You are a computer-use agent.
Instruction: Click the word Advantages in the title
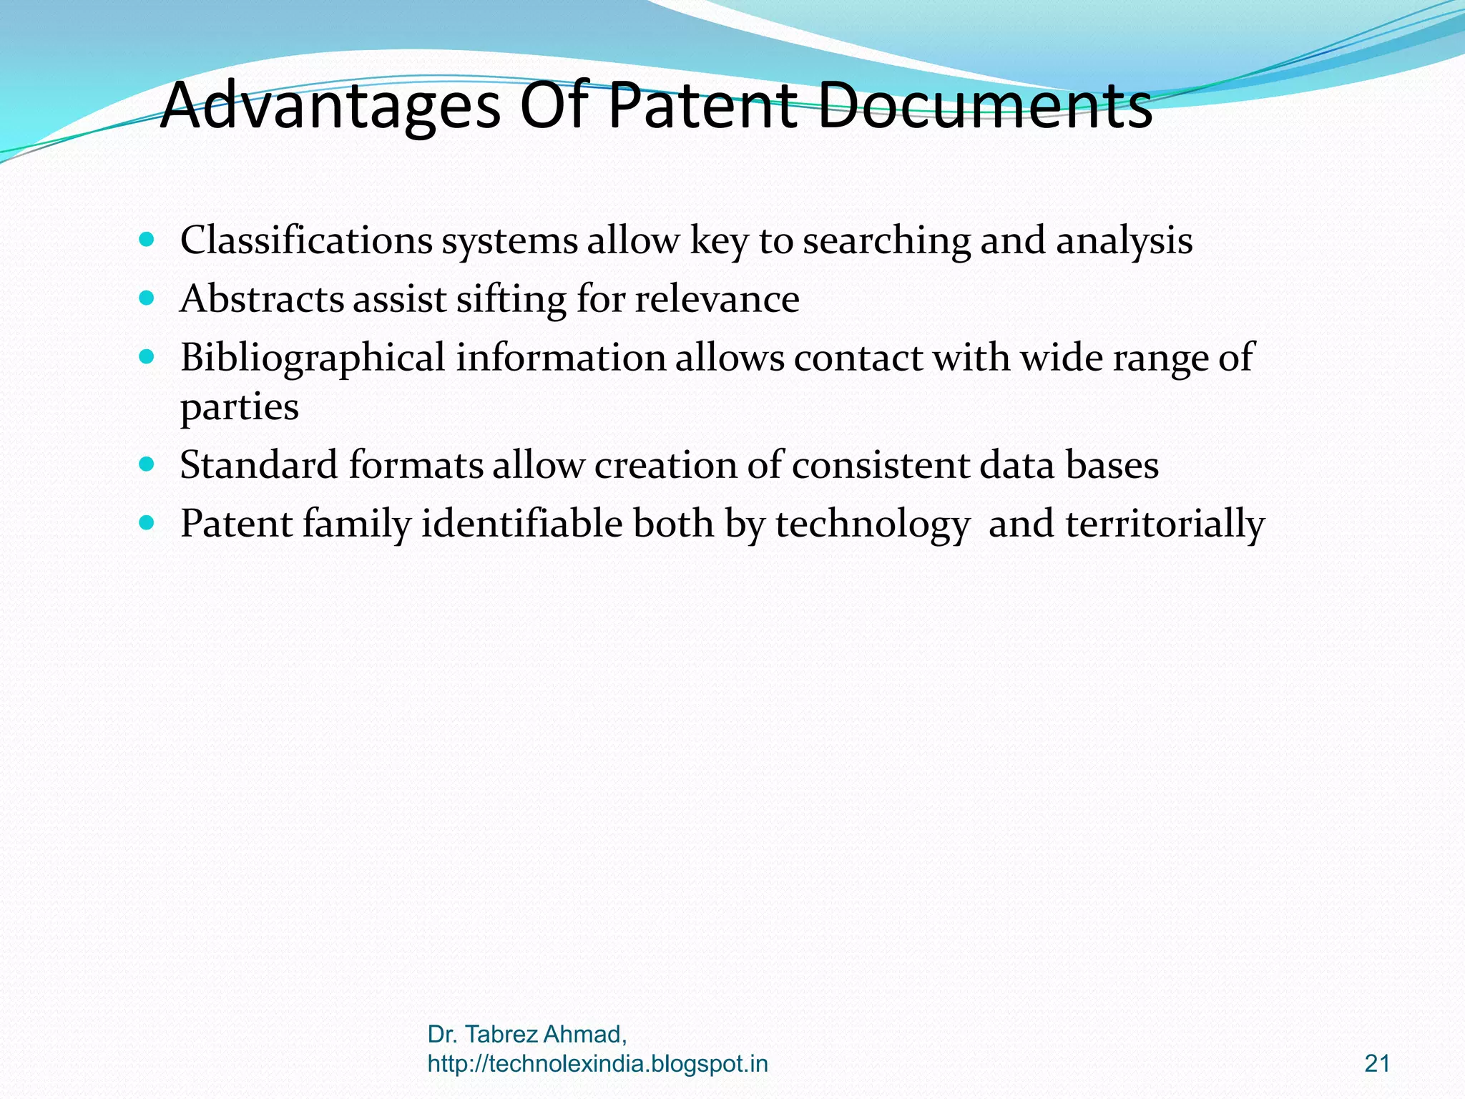pyautogui.click(x=330, y=106)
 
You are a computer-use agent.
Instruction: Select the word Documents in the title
pyautogui.click(x=985, y=106)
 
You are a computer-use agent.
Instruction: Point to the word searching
pyautogui.click(x=886, y=241)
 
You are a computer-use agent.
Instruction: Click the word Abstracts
pyautogui.click(x=262, y=298)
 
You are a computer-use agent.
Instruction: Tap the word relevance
pyautogui.click(x=717, y=298)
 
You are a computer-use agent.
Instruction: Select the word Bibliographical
pyautogui.click(x=313, y=358)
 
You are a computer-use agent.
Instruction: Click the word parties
pyautogui.click(x=239, y=408)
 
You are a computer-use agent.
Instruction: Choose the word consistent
pyautogui.click(x=881, y=465)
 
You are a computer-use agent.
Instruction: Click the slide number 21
pyautogui.click(x=1377, y=1064)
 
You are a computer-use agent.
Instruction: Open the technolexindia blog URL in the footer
pyautogui.click(x=597, y=1064)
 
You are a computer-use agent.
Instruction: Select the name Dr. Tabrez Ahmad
pyautogui.click(x=527, y=1035)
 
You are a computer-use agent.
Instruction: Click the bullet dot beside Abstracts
pyautogui.click(x=147, y=297)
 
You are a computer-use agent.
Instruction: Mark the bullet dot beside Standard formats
pyautogui.click(x=147, y=464)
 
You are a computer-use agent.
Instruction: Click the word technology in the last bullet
pyautogui.click(x=872, y=524)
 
